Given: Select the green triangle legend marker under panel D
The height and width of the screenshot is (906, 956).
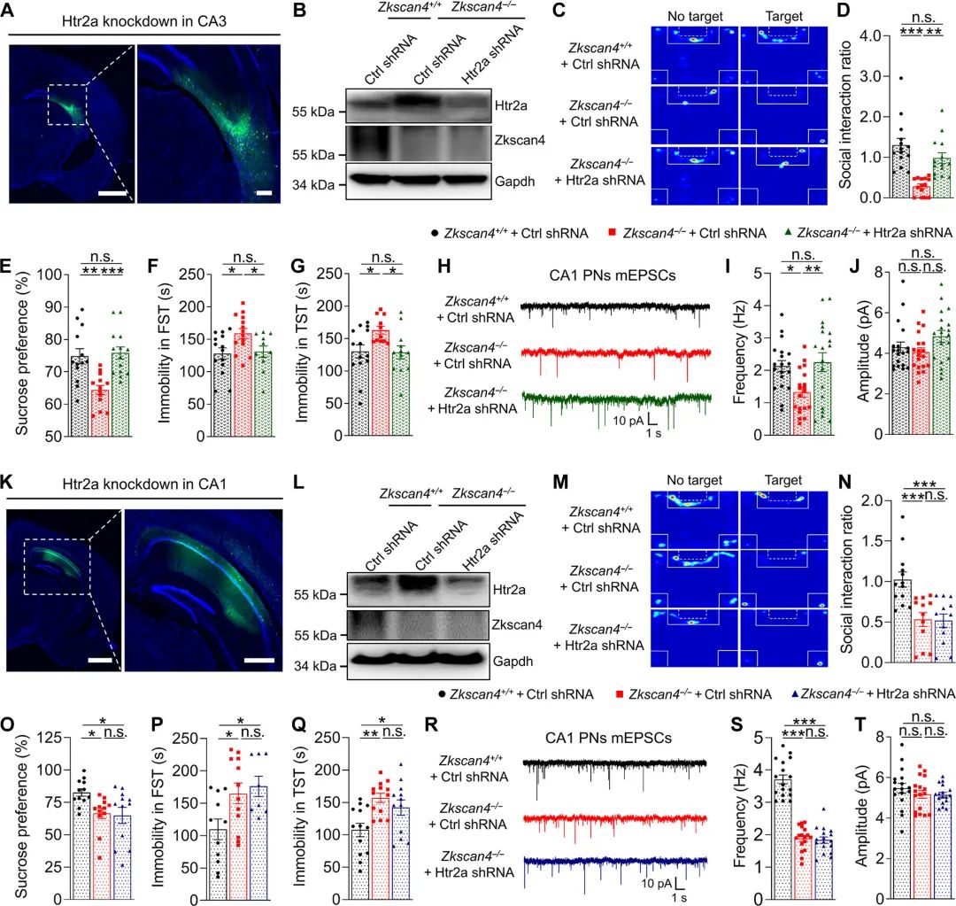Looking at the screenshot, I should tap(789, 233).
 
